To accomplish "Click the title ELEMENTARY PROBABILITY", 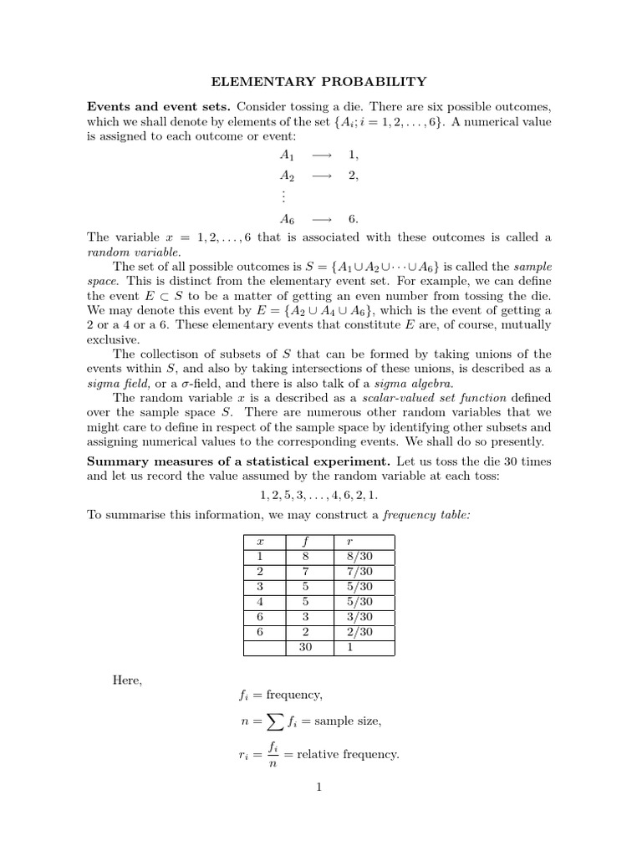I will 320,81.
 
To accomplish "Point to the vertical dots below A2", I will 284,197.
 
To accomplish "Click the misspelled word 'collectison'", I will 171,354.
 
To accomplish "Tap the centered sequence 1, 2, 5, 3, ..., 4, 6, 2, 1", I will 319,495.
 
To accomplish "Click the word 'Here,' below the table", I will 128,680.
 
